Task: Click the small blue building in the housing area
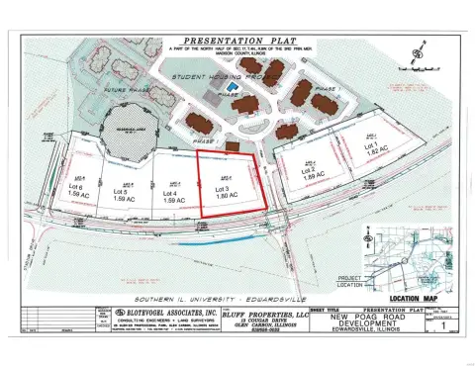coord(233,86)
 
